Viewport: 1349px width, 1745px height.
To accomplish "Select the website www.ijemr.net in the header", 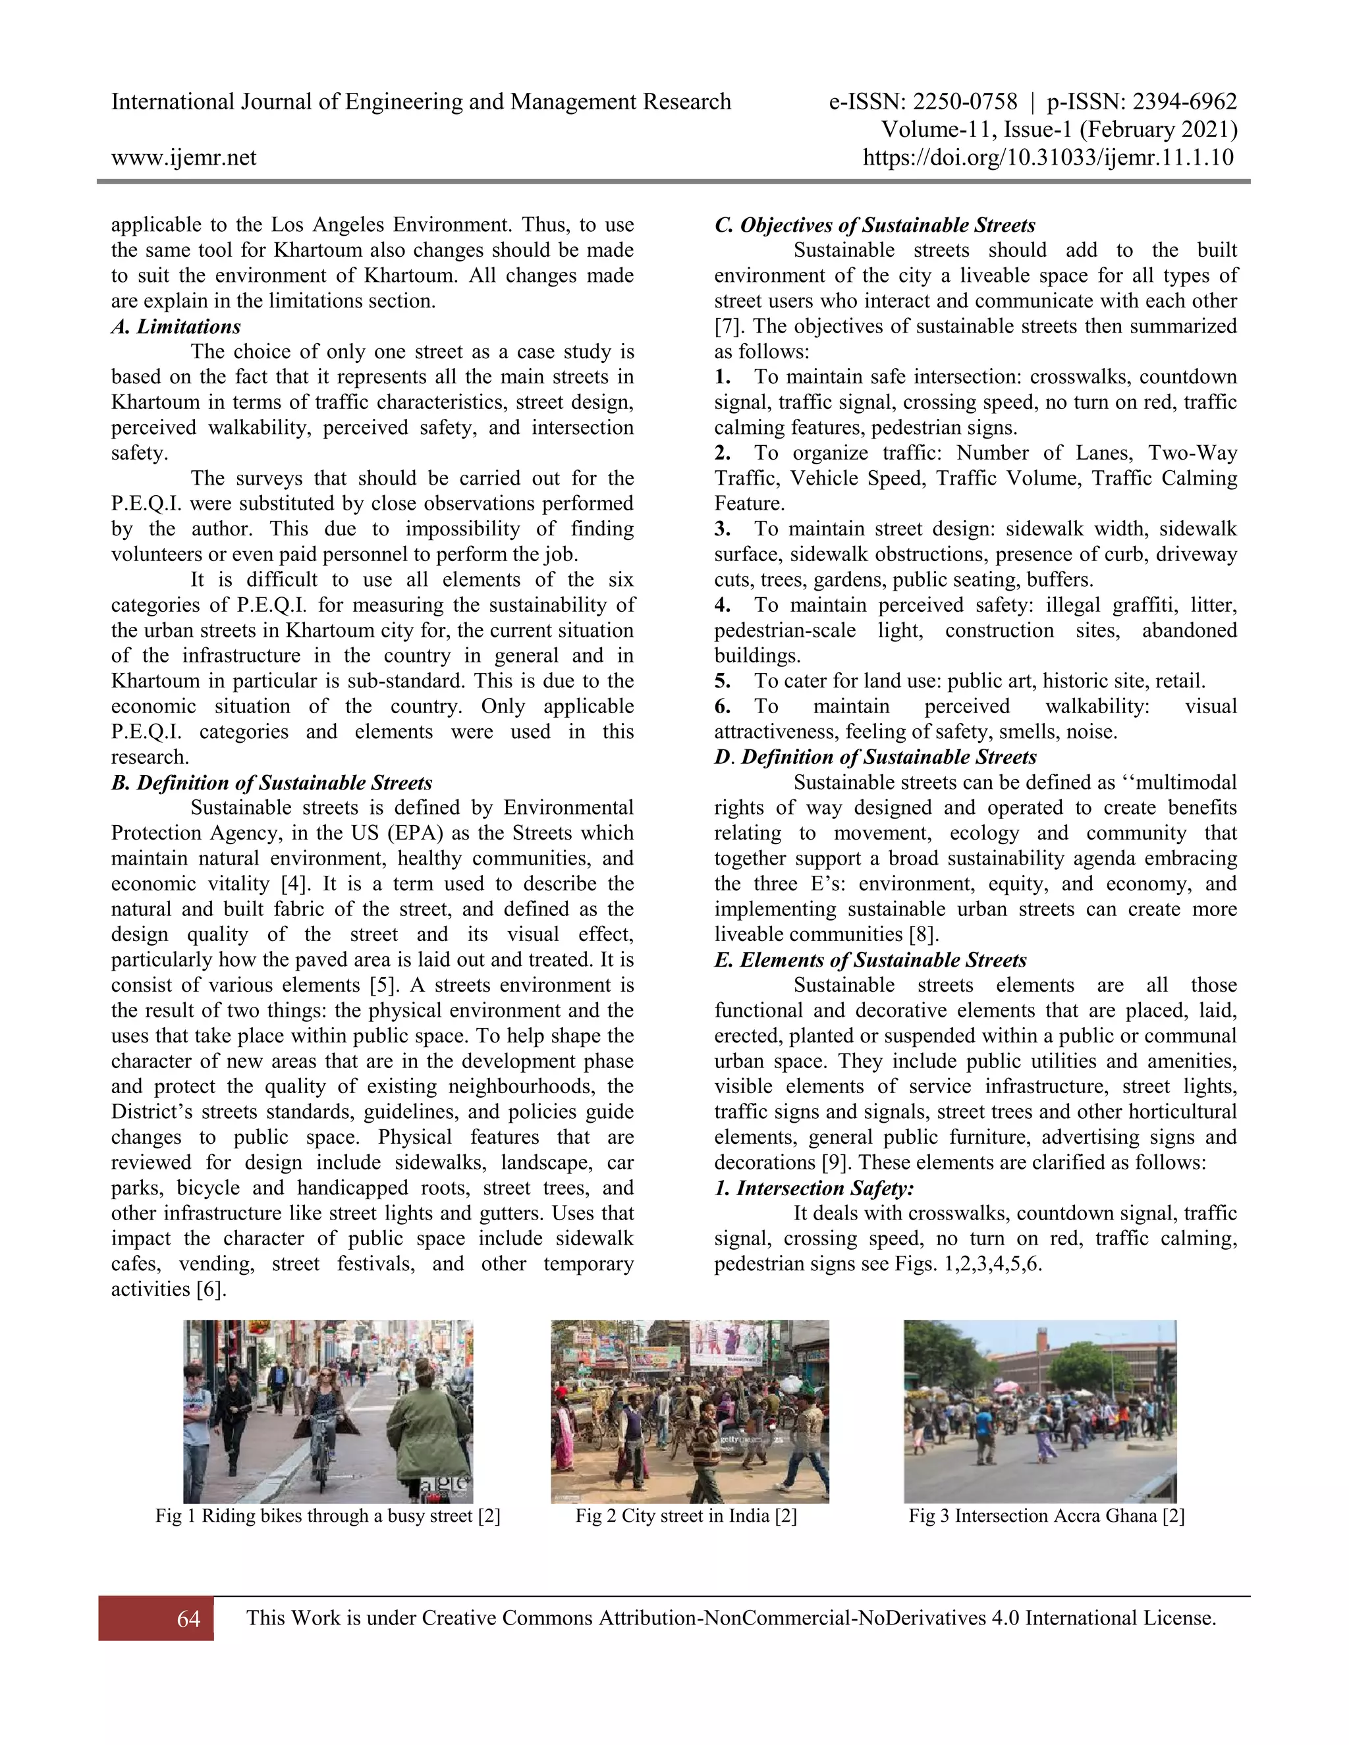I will point(184,157).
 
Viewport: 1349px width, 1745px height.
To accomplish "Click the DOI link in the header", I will point(1049,157).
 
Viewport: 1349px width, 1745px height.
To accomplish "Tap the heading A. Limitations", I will point(176,327).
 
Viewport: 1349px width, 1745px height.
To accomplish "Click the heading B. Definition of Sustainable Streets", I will point(272,783).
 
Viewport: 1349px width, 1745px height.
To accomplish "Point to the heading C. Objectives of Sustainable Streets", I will point(875,225).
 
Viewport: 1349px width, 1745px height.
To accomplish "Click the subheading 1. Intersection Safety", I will point(814,1188).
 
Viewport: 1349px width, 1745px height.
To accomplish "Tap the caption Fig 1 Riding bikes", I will point(327,1516).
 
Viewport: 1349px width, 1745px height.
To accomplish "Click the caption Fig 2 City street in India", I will point(686,1516).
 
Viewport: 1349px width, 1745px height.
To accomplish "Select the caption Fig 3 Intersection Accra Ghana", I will point(1046,1516).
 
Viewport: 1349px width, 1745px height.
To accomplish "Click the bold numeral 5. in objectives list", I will point(723,682).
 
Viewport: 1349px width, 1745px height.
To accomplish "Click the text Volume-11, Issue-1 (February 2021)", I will point(1059,130).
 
